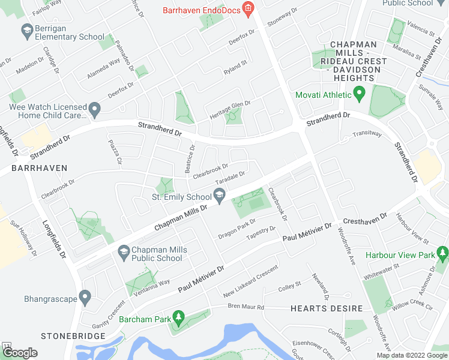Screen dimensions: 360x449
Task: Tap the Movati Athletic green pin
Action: pyautogui.click(x=360, y=94)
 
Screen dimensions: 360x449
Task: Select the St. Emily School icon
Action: pyautogui.click(x=220, y=195)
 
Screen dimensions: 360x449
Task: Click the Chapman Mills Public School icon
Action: pyautogui.click(x=124, y=251)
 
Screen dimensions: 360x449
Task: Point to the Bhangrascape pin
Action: pyautogui.click(x=85, y=296)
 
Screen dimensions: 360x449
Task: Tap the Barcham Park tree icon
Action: pyautogui.click(x=178, y=316)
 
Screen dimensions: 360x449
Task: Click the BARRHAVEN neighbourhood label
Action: pyautogui.click(x=30, y=168)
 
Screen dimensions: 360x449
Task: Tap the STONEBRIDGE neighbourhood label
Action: pyautogui.click(x=65, y=336)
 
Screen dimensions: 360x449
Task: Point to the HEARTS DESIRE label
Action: pyautogui.click(x=327, y=308)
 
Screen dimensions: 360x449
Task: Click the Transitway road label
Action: pyautogui.click(x=367, y=133)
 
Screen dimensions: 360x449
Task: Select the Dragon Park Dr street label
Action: pyautogui.click(x=237, y=231)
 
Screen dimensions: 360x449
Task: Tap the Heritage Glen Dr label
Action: pyautogui.click(x=229, y=110)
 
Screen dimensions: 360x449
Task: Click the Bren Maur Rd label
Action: pyautogui.click(x=246, y=307)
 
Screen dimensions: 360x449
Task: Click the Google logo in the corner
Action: pyautogui.click(x=19, y=353)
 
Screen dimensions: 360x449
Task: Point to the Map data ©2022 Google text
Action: pyautogui.click(x=411, y=355)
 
